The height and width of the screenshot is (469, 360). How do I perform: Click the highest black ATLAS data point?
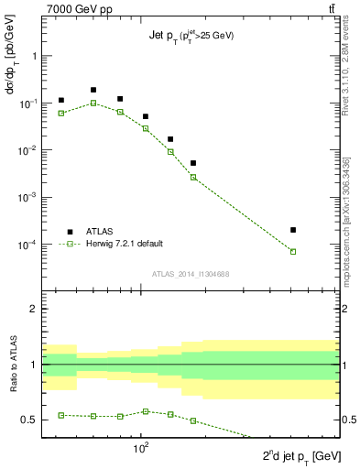click(93, 90)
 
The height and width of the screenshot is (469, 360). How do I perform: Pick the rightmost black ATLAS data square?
click(293, 230)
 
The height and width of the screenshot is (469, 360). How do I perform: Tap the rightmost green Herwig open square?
click(293, 251)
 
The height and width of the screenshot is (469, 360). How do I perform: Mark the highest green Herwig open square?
click(93, 103)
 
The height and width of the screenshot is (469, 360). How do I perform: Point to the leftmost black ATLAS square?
click(61, 100)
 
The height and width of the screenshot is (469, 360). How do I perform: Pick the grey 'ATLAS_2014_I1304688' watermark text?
click(190, 274)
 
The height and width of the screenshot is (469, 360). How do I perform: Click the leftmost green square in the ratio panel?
click(61, 415)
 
